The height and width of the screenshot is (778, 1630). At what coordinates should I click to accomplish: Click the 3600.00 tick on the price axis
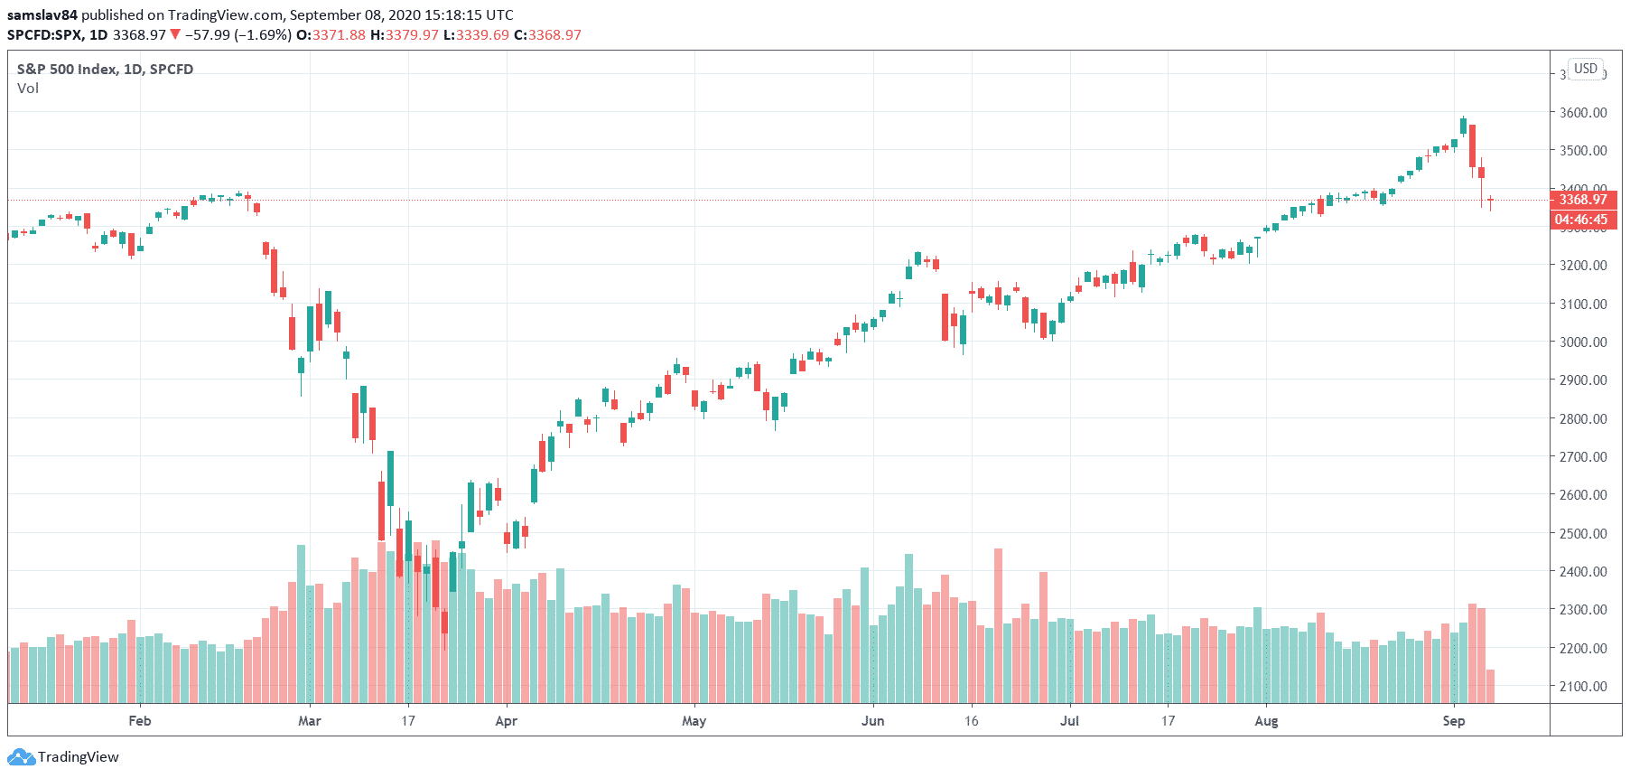(x=1583, y=113)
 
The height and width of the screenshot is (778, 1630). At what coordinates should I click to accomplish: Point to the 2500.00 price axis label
(x=1583, y=533)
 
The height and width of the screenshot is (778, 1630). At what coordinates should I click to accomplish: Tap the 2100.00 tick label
(x=1583, y=686)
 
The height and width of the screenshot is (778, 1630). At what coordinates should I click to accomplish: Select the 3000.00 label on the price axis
(x=1583, y=342)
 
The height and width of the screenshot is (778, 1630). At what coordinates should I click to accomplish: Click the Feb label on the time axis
(x=140, y=721)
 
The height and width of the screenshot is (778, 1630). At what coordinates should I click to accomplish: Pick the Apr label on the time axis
(x=507, y=721)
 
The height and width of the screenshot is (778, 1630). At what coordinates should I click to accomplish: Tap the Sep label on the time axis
(x=1454, y=721)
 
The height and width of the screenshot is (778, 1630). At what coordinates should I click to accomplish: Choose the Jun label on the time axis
(x=873, y=721)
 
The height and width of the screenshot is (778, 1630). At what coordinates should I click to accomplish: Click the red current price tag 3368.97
(x=1583, y=200)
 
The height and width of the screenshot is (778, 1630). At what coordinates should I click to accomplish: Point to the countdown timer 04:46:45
(x=1581, y=220)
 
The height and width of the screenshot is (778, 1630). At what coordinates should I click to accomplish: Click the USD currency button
(x=1586, y=69)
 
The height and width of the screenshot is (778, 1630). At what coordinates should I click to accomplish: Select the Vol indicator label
(x=28, y=89)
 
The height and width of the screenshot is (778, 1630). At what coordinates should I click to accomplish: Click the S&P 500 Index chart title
(x=105, y=70)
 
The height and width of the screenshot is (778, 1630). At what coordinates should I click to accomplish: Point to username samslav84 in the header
(x=42, y=15)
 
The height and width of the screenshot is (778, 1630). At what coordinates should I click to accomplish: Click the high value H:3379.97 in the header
(x=405, y=35)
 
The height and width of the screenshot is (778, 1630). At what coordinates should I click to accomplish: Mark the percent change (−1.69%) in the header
(x=263, y=35)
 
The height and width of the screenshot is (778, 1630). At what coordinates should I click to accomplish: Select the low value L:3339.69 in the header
(x=476, y=35)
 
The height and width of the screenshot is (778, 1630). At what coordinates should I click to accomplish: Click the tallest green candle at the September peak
(x=1463, y=126)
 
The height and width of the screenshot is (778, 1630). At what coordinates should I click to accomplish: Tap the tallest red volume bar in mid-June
(x=998, y=623)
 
